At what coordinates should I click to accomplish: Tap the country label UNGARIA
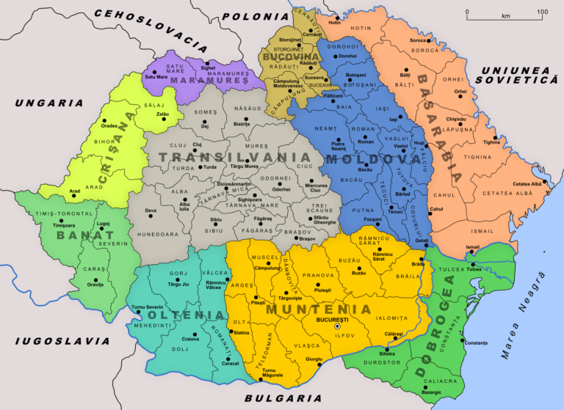[49, 103]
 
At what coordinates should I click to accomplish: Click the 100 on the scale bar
[542, 12]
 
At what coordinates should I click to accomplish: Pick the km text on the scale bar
[505, 15]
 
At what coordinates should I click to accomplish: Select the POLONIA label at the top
[255, 16]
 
